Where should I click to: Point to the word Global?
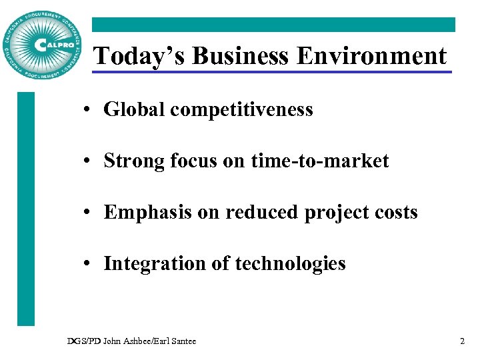133,109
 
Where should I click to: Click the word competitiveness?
241,109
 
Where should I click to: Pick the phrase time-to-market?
320,161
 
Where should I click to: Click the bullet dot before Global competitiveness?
89,110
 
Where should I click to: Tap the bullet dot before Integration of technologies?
89,264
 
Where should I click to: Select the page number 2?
462,341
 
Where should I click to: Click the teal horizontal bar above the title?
273,25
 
